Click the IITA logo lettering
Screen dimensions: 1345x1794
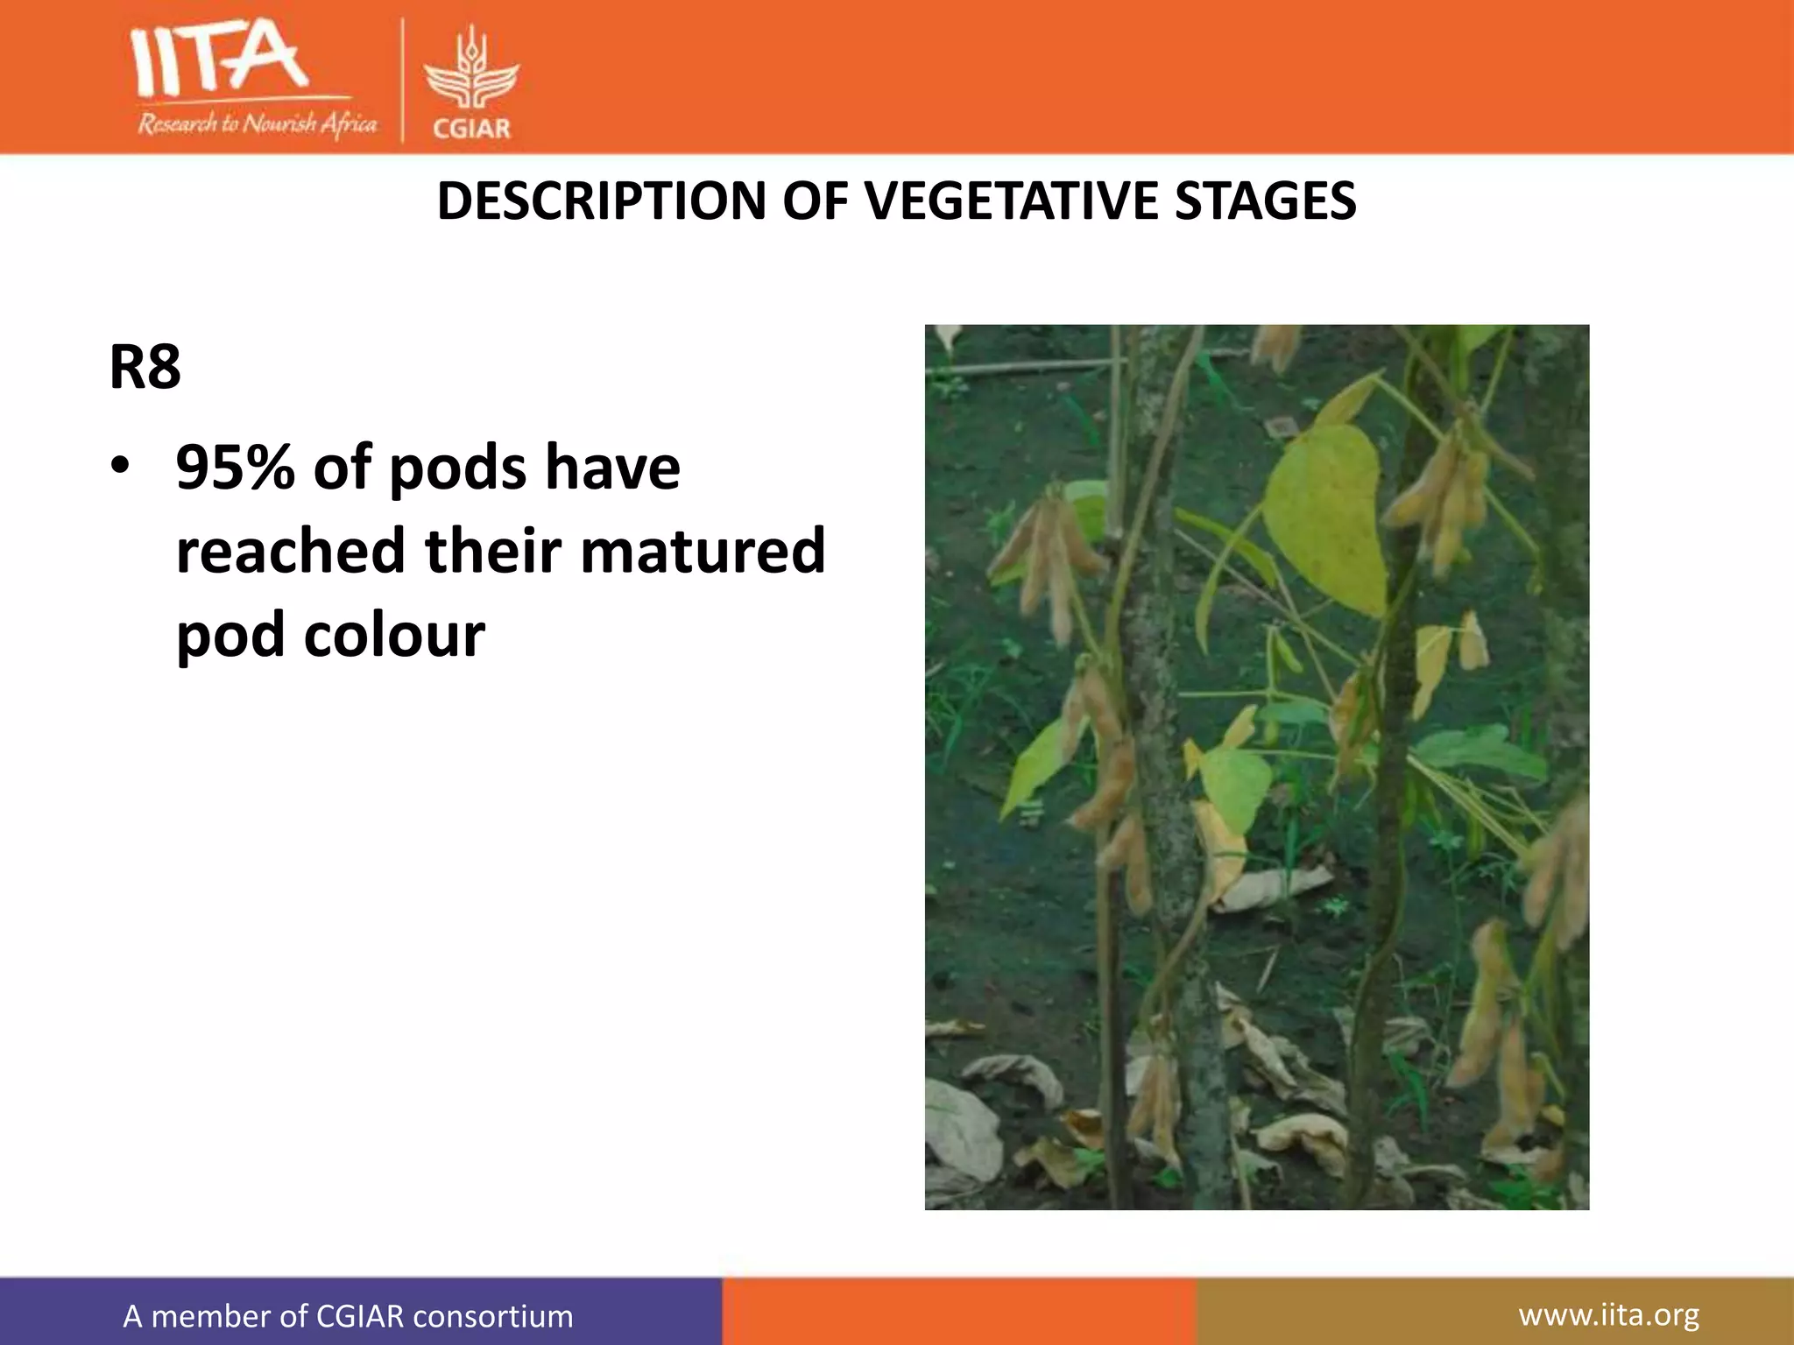pyautogui.click(x=219, y=60)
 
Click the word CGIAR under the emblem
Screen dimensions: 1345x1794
pyautogui.click(x=471, y=129)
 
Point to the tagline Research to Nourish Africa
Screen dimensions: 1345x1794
pyautogui.click(x=257, y=123)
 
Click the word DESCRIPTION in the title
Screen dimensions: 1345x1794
pyautogui.click(x=602, y=201)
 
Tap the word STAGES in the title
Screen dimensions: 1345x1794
pyautogui.click(x=1265, y=201)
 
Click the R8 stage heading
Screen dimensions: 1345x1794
pyautogui.click(x=145, y=367)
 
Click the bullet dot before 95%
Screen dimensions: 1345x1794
pyautogui.click(x=120, y=465)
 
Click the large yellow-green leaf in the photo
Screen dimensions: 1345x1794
pyautogui.click(x=1324, y=517)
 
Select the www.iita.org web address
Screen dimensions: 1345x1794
pyautogui.click(x=1608, y=1314)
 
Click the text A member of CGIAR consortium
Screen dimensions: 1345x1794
pyautogui.click(x=348, y=1316)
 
